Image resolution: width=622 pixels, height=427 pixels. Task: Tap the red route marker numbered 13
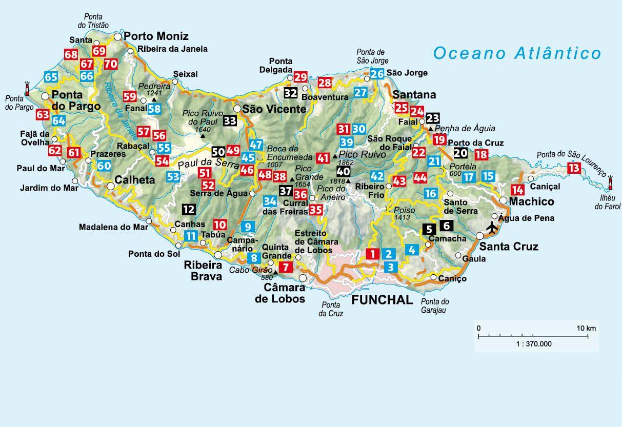[574, 168]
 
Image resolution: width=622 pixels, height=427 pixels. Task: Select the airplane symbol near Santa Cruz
[492, 226]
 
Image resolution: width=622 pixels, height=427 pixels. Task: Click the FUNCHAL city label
[382, 300]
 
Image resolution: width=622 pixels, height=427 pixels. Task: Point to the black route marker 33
[230, 121]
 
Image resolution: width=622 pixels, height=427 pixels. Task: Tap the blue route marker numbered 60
[104, 165]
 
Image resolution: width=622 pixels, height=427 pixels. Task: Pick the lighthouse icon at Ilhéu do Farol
[610, 184]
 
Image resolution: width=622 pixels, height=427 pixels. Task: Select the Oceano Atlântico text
[516, 53]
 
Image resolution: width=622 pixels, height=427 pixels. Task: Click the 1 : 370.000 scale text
[534, 344]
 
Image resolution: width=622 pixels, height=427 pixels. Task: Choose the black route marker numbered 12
[188, 209]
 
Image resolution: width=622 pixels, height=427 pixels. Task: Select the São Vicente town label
[274, 109]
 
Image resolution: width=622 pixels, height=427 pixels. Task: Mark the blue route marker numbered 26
[377, 74]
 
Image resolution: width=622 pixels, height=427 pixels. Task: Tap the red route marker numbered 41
[323, 158]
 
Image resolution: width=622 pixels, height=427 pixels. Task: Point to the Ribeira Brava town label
[203, 271]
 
